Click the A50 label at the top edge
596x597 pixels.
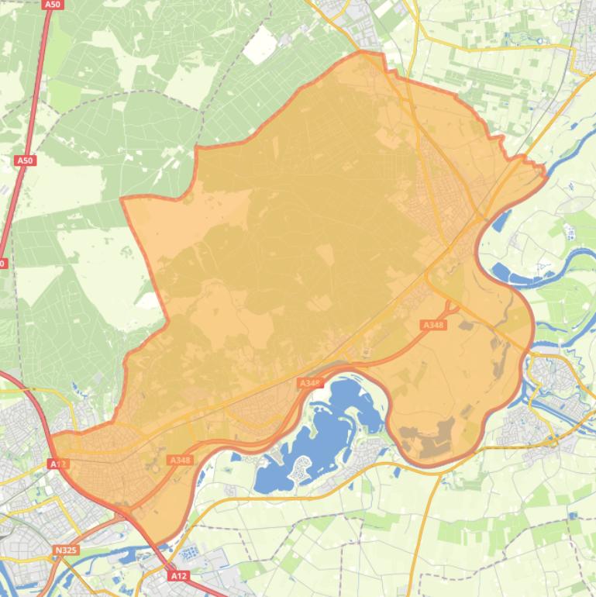(x=52, y=5)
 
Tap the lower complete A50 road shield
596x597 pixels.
(x=25, y=160)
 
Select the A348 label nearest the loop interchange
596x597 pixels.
(x=433, y=325)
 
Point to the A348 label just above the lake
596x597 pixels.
(x=308, y=383)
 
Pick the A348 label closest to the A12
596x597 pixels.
(x=179, y=461)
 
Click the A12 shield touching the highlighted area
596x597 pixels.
(x=58, y=464)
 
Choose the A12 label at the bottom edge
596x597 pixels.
(x=178, y=575)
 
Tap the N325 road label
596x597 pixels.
(x=66, y=550)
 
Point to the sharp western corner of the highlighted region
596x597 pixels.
(x=122, y=199)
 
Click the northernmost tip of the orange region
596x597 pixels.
(x=364, y=52)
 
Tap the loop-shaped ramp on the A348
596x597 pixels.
(x=450, y=307)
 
